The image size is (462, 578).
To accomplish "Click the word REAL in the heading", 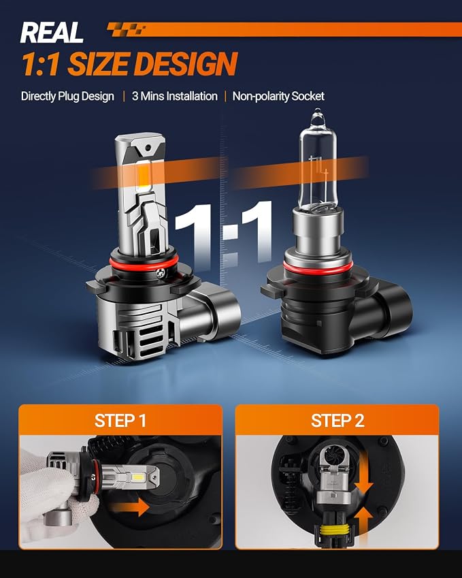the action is pyautogui.click(x=52, y=33).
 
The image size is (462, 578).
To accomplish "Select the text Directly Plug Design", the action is pyautogui.click(x=67, y=96).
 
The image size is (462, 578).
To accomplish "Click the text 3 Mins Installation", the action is pyautogui.click(x=175, y=96).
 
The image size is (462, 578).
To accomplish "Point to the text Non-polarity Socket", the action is pyautogui.click(x=278, y=96).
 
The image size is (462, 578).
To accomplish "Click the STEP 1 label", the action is pyautogui.click(x=120, y=421).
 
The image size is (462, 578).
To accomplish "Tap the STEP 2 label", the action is pyautogui.click(x=337, y=421).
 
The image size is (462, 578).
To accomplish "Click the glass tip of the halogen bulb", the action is pyautogui.click(x=317, y=115).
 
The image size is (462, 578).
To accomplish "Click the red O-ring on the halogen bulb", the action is pyautogui.click(x=318, y=266).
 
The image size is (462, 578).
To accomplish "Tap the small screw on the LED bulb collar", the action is pyautogui.click(x=161, y=273).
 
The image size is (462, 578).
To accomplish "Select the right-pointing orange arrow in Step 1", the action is pyautogui.click(x=131, y=507).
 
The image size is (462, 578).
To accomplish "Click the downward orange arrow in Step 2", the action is pyautogui.click(x=363, y=476).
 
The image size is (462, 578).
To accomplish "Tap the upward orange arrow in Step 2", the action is pyautogui.click(x=363, y=524).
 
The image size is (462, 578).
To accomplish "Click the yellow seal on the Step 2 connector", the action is pyautogui.click(x=331, y=530).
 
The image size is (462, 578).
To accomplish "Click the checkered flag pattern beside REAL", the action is pyautogui.click(x=126, y=29).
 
